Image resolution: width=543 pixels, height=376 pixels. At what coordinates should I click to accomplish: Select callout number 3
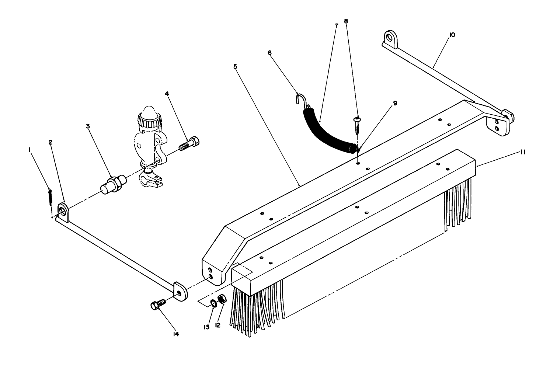click(88, 126)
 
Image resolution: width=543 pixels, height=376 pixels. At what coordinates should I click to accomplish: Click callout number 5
click(235, 67)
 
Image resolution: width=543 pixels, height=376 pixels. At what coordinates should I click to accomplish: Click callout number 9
click(395, 104)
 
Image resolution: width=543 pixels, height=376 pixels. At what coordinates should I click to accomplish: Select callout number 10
click(452, 35)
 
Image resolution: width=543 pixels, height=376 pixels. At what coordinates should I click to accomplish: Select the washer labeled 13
click(214, 303)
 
